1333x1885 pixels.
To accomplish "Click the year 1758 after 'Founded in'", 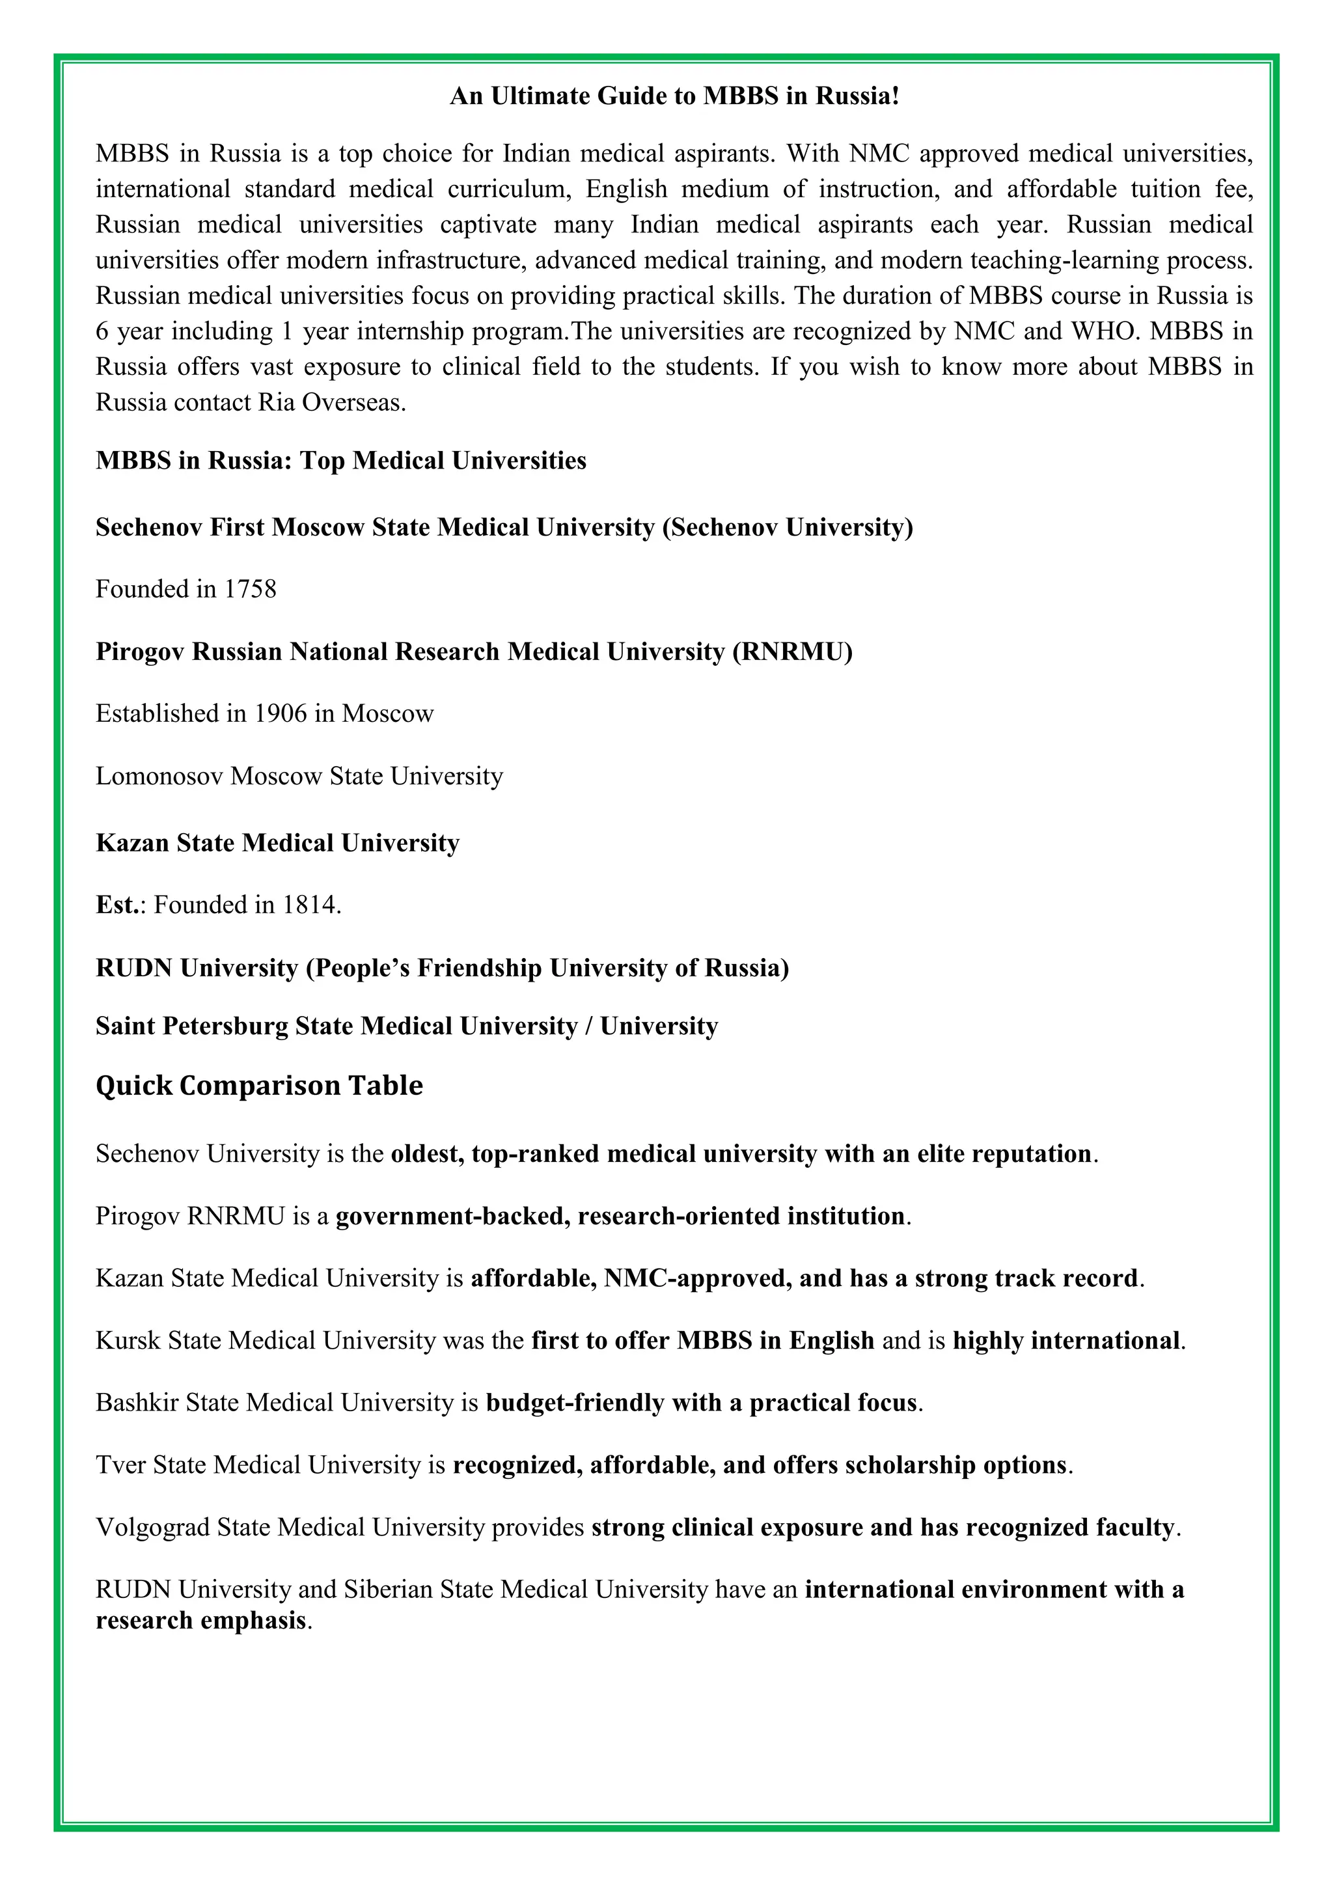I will pyautogui.click(x=251, y=588).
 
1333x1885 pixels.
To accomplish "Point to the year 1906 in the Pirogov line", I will pyautogui.click(x=280, y=713).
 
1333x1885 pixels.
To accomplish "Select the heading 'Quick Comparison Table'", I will pyautogui.click(x=260, y=1085).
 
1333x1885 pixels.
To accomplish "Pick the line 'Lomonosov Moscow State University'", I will pyautogui.click(x=299, y=775).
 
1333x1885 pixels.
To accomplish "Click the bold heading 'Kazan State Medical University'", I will pyautogui.click(x=277, y=842).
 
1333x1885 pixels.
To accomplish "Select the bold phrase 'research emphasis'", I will pyautogui.click(x=200, y=1621).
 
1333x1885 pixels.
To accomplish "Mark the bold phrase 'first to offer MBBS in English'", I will pyautogui.click(x=702, y=1340).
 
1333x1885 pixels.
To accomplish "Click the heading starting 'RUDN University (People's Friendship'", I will pyautogui.click(x=441, y=967).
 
